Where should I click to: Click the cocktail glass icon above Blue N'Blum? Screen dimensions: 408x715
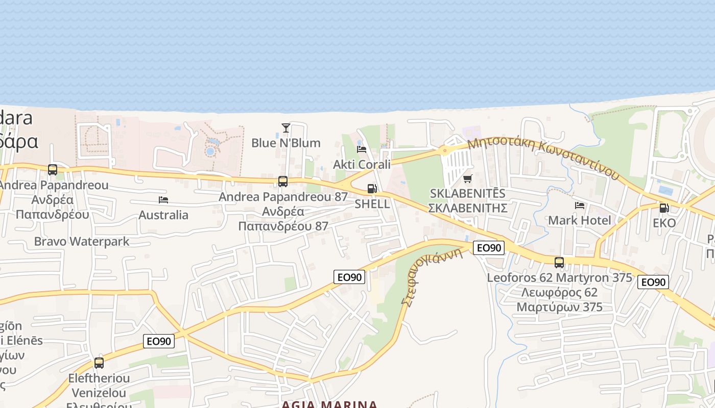[x=286, y=127]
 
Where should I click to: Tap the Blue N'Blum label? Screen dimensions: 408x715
[x=286, y=143]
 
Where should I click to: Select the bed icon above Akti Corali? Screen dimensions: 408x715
[x=362, y=149]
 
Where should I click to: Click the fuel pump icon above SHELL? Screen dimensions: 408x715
[x=372, y=189]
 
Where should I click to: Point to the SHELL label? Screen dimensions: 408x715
[x=372, y=204]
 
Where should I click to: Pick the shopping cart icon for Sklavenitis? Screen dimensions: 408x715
[x=467, y=178]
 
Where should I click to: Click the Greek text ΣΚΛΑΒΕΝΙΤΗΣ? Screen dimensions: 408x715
[x=467, y=208]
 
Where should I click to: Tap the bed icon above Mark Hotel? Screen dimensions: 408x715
[x=580, y=205]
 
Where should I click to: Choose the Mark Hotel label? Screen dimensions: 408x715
[x=580, y=220]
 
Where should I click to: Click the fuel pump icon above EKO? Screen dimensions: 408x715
[x=664, y=208]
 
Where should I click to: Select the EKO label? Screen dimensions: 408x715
[x=664, y=223]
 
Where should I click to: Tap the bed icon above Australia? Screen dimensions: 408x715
[x=163, y=199]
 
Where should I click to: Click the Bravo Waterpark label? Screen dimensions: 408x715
[x=82, y=241]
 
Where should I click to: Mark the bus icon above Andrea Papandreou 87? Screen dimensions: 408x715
[x=283, y=181]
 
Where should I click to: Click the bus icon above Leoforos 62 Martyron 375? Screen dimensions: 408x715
[x=559, y=263]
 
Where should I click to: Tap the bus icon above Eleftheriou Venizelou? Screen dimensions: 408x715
[x=99, y=363]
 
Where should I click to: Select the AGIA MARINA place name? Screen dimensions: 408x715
[x=330, y=404]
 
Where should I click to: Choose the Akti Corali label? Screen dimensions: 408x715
[x=362, y=164]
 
